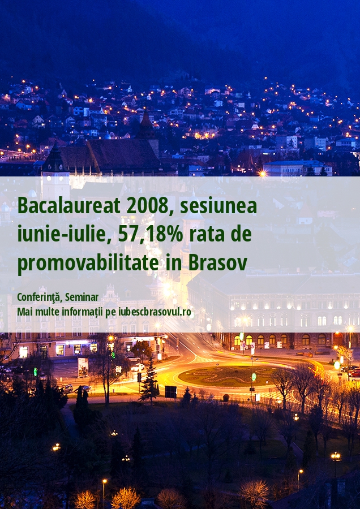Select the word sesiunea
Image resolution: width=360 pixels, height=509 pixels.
tap(218, 206)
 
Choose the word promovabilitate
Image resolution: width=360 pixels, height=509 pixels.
tap(88, 263)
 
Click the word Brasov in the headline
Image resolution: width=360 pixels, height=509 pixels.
tap(218, 262)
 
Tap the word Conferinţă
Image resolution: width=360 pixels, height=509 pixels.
tap(40, 297)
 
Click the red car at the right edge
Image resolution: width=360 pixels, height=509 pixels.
tap(354, 373)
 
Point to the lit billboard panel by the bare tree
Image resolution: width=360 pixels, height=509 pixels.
tap(83, 368)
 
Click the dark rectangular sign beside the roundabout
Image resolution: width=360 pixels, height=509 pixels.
tap(170, 392)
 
